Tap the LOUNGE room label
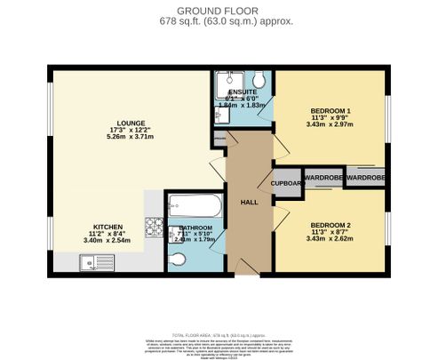point(130,123)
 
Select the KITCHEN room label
point(108,227)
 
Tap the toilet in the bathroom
point(178,259)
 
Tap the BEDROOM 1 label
point(330,109)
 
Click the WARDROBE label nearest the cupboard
point(323,178)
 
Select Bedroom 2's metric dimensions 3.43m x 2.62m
point(330,239)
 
